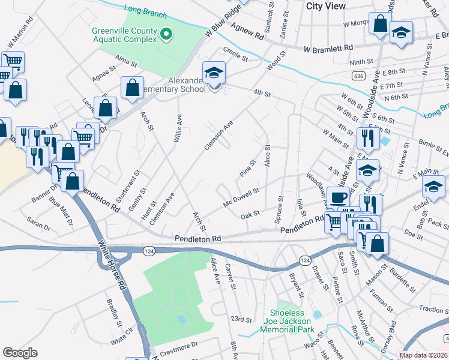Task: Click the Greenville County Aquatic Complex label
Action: (124, 35)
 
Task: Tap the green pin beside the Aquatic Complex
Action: (167, 35)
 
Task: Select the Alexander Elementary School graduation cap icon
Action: (213, 73)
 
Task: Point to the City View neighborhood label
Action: (326, 5)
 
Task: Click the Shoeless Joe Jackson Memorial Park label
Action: (292, 321)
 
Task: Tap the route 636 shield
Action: (359, 76)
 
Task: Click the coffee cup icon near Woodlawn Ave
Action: (338, 197)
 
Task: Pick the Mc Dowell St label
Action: (241, 195)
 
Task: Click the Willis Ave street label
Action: (177, 130)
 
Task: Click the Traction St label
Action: (434, 310)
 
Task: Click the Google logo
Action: (20, 353)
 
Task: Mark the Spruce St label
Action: (279, 208)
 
